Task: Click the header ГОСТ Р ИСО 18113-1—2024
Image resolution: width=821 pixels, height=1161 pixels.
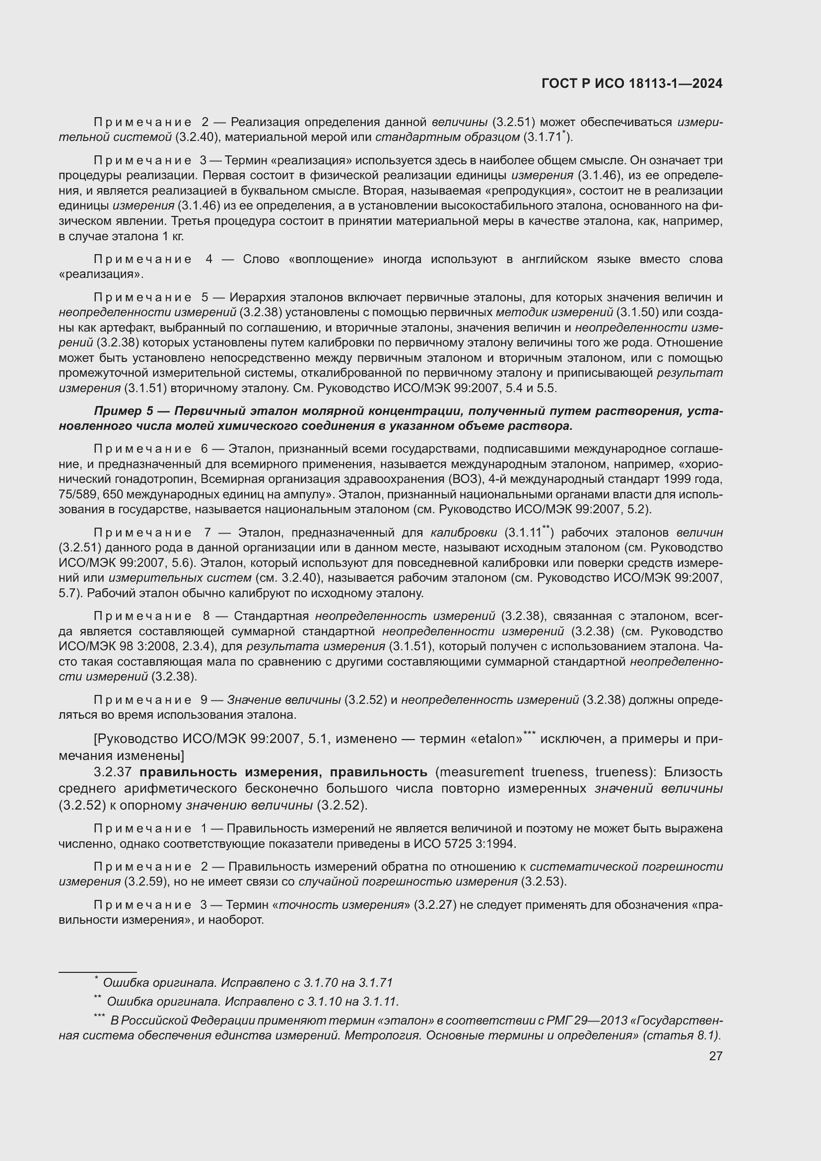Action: tap(631, 84)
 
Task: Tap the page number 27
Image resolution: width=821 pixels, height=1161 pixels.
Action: tap(715, 1056)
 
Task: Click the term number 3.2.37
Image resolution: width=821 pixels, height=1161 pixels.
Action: tap(113, 772)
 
